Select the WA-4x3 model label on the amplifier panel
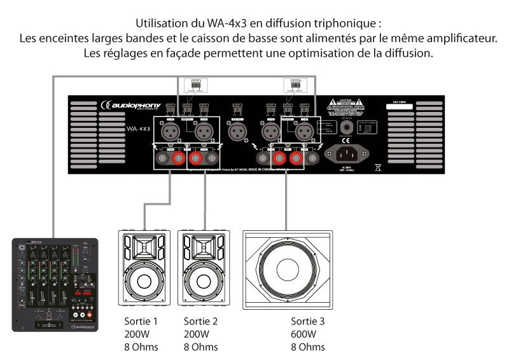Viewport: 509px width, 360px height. pos(138,129)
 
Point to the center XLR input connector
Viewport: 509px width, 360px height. pos(237,132)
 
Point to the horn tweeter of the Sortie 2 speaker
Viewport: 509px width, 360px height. pos(204,246)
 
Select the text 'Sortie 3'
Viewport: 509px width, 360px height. pos(308,321)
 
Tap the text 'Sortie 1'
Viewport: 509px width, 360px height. pos(141,321)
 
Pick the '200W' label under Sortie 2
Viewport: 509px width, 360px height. pos(196,334)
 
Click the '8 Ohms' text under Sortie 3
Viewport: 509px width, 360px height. pos(308,347)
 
